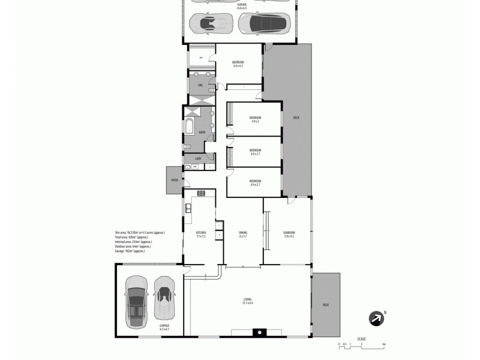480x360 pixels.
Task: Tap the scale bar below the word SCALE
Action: click(361, 344)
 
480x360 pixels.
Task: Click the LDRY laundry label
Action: click(197, 158)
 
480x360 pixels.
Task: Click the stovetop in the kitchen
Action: click(201, 193)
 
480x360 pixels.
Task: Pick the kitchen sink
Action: click(188, 208)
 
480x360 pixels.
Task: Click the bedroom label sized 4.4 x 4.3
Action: click(238, 64)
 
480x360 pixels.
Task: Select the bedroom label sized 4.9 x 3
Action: click(255, 119)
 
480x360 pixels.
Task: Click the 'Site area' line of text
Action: click(139, 232)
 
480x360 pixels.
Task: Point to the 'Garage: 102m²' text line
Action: click(130, 251)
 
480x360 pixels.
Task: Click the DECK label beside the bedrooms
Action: click(296, 118)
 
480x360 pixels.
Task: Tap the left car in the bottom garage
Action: click(137, 298)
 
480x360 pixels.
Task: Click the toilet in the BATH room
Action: click(187, 146)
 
